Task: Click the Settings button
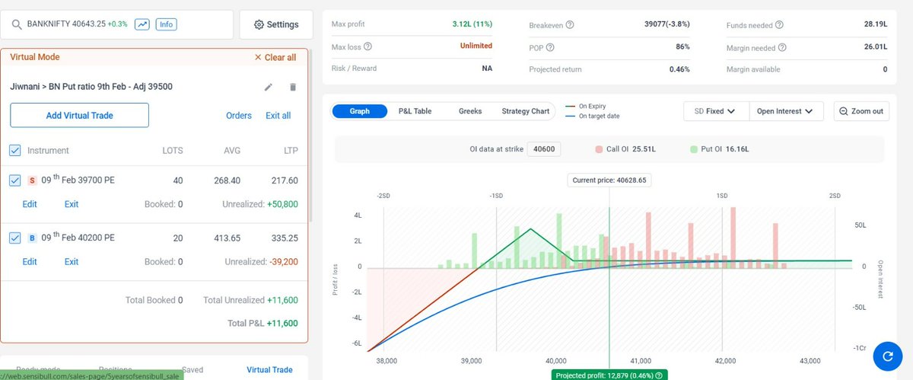[276, 24]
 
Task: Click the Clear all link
[275, 57]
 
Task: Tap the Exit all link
[278, 116]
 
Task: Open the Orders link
[239, 116]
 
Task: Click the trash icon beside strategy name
[293, 87]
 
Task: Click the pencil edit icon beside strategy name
[269, 87]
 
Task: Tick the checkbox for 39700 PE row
[15, 180]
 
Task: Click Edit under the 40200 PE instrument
[30, 261]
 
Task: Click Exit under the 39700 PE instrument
[72, 204]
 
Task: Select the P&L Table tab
[415, 111]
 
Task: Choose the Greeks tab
[470, 111]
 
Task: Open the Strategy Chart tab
[525, 111]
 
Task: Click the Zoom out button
[861, 111]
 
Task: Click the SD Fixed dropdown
[715, 111]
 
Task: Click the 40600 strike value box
[544, 149]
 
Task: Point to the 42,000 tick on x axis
[725, 360]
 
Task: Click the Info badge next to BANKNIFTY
[166, 24]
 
